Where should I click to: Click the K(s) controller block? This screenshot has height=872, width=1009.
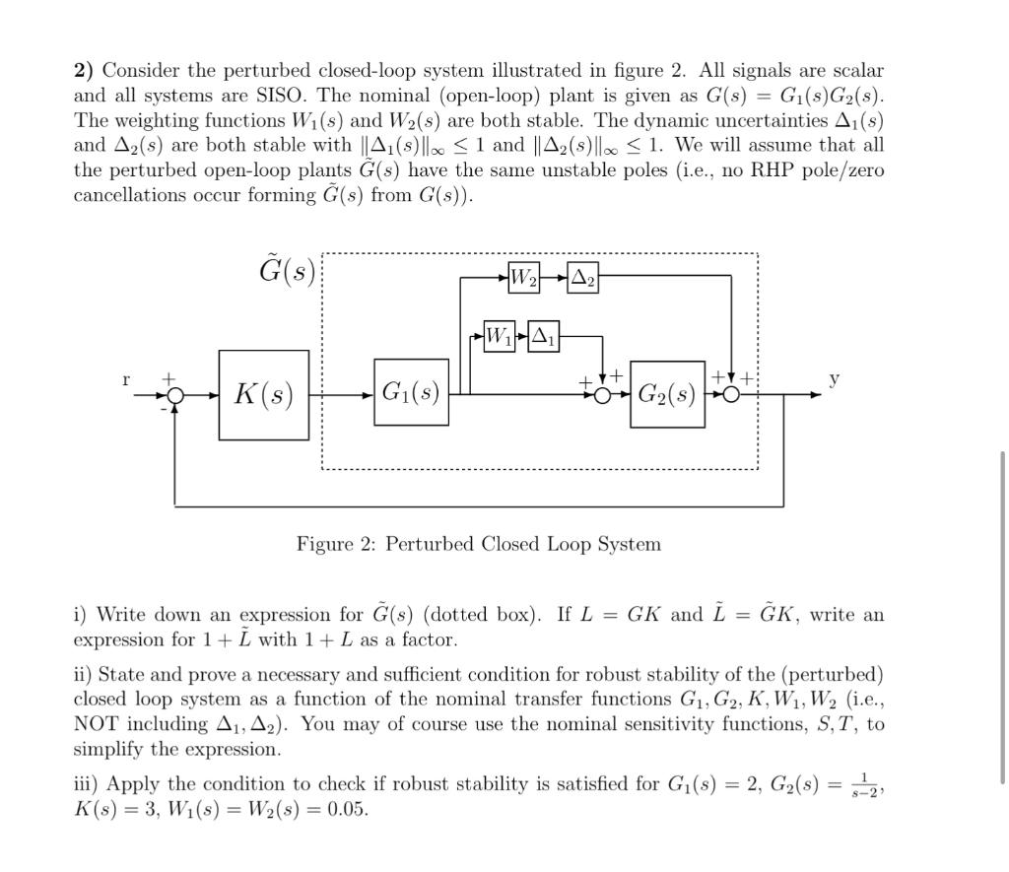point(263,395)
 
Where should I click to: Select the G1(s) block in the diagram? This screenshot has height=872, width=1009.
point(411,392)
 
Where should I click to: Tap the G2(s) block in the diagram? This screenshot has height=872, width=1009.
point(667,394)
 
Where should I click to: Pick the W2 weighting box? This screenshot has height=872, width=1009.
point(523,278)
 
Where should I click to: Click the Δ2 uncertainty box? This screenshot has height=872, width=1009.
point(583,278)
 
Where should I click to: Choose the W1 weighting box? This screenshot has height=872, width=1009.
point(500,337)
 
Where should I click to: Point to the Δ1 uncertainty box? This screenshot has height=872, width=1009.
point(544,337)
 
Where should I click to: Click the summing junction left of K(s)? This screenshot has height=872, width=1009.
point(174,395)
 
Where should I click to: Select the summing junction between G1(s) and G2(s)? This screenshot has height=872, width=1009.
point(602,395)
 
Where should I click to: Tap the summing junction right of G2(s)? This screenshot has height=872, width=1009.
point(730,395)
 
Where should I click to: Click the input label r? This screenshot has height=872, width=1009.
point(126,378)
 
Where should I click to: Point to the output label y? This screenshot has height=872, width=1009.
point(835,378)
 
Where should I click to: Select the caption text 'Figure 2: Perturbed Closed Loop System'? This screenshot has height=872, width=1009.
point(479,544)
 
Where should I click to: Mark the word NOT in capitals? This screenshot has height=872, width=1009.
point(96,724)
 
